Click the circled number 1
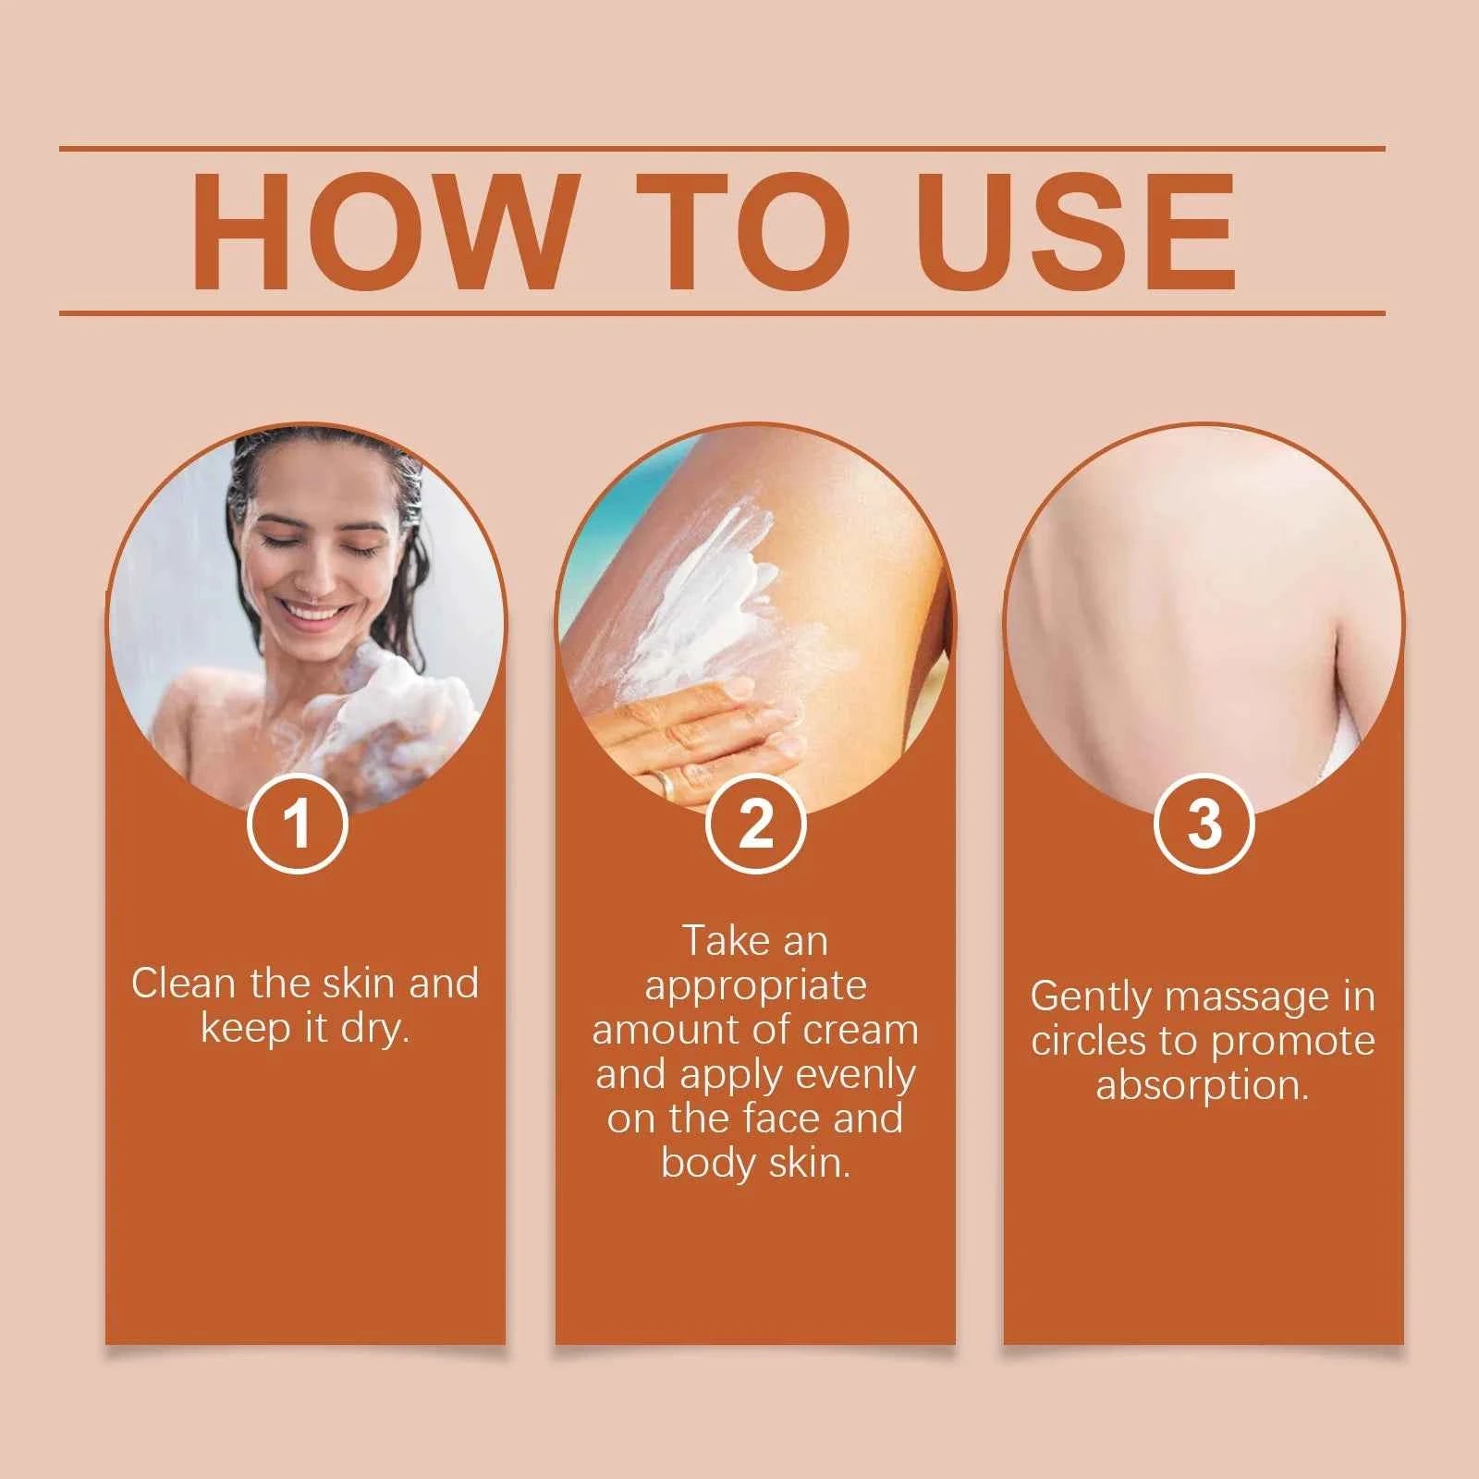[297, 823]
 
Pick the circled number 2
[755, 823]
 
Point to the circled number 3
[1204, 823]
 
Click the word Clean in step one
[185, 984]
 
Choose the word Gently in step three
[1091, 997]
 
